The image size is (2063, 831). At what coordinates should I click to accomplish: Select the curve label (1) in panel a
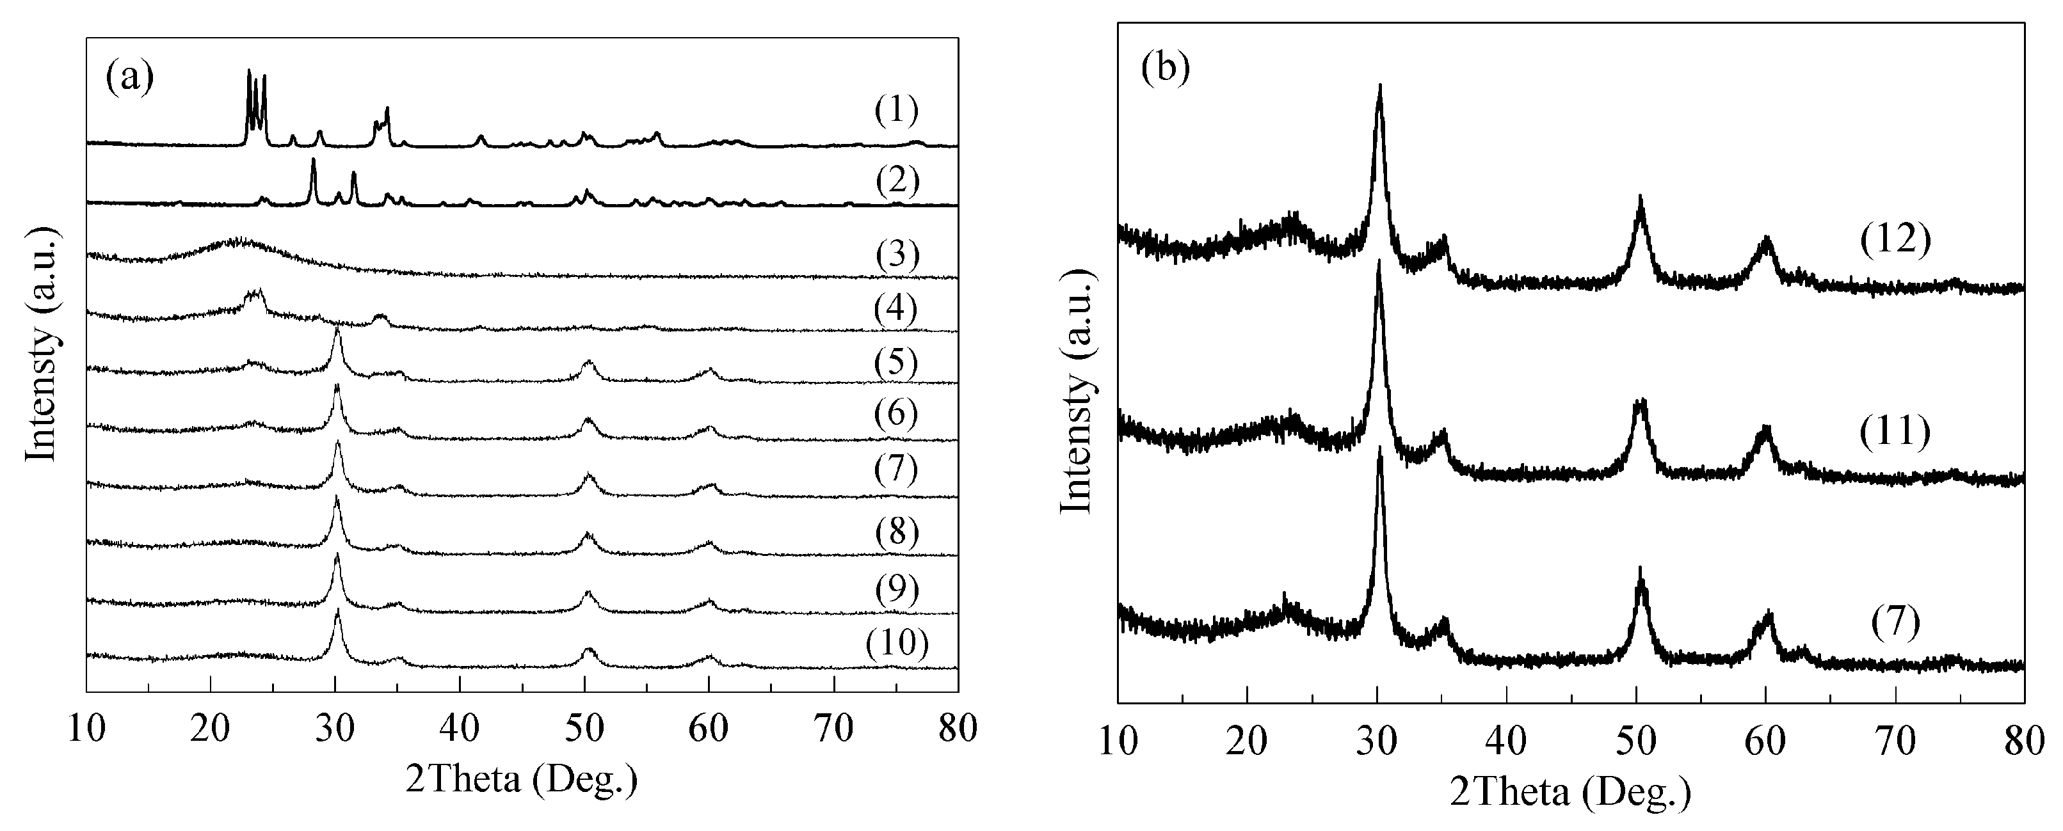tap(896, 111)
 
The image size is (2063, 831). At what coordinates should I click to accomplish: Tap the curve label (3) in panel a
tap(896, 255)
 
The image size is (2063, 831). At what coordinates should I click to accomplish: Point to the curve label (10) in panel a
tap(897, 643)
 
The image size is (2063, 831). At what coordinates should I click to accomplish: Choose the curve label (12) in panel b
tap(1896, 239)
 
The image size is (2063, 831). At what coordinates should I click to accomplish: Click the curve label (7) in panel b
tap(1896, 624)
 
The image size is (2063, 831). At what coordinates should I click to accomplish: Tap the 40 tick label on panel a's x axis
tap(459, 729)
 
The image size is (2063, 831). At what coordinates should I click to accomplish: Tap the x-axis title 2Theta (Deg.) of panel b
tap(1571, 793)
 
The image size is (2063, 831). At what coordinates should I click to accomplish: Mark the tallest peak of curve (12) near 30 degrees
tap(1379, 86)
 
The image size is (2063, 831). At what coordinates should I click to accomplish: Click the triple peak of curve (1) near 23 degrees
tap(255, 76)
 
